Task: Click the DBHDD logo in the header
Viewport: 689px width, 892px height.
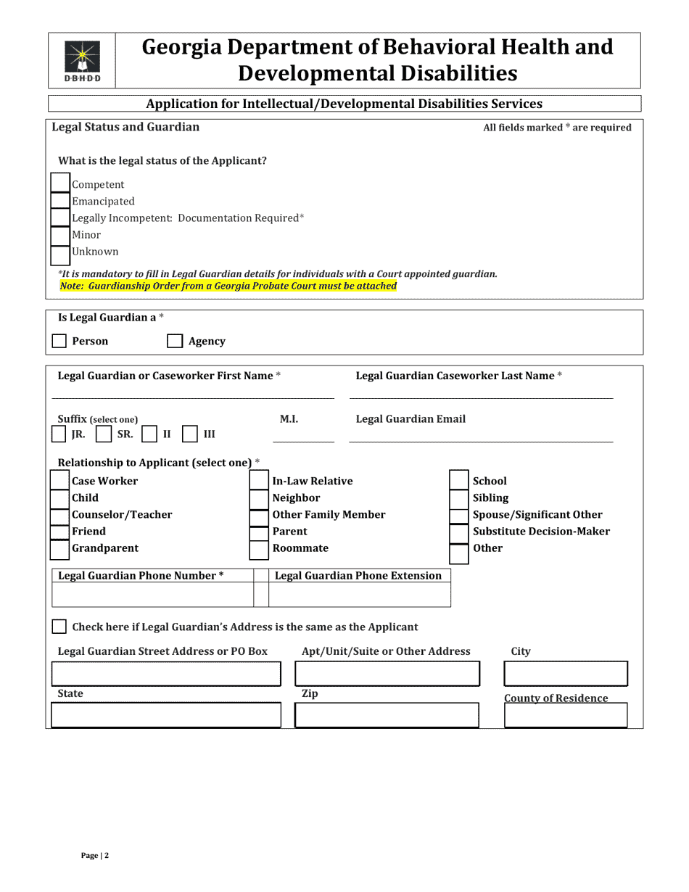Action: (82, 61)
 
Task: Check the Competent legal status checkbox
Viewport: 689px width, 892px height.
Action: (60, 184)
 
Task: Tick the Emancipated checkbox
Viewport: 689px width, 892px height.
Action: (60, 201)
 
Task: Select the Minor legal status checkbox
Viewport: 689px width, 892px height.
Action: (60, 235)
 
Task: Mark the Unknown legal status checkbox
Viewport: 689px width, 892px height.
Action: (60, 252)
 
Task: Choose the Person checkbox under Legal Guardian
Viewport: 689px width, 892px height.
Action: (60, 341)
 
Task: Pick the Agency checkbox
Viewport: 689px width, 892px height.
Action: (175, 341)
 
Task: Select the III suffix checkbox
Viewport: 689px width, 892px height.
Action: (189, 434)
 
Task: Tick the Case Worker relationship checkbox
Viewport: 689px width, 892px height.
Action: (60, 481)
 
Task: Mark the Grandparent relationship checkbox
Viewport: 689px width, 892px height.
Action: (60, 548)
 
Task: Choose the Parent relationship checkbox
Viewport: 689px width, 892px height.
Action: (259, 532)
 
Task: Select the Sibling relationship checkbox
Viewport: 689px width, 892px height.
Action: (459, 498)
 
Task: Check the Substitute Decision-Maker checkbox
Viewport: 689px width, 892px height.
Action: (459, 532)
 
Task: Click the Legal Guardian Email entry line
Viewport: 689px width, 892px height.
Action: (481, 435)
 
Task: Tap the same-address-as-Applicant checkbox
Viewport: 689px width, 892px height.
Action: (60, 627)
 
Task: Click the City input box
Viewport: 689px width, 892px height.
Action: (566, 674)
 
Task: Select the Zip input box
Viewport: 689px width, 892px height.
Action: (387, 715)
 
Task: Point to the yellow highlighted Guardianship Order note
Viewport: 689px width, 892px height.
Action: (228, 286)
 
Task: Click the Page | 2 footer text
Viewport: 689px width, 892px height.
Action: (95, 856)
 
